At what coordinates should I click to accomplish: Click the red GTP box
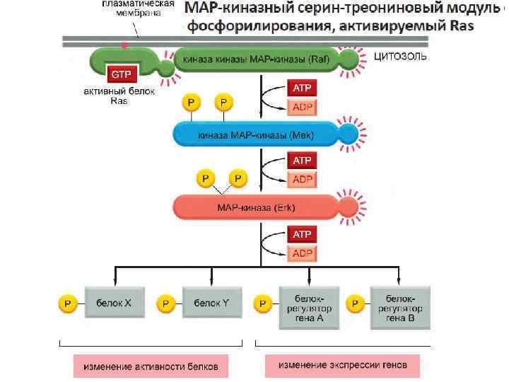(117, 73)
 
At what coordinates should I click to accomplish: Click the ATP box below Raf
(302, 88)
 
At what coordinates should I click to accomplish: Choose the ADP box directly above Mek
(302, 108)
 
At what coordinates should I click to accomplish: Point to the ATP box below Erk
(302, 234)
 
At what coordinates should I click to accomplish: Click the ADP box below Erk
(302, 253)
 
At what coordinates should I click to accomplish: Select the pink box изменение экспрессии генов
(343, 366)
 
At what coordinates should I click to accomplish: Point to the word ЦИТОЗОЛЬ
(399, 57)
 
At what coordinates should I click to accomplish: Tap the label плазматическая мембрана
(138, 8)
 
